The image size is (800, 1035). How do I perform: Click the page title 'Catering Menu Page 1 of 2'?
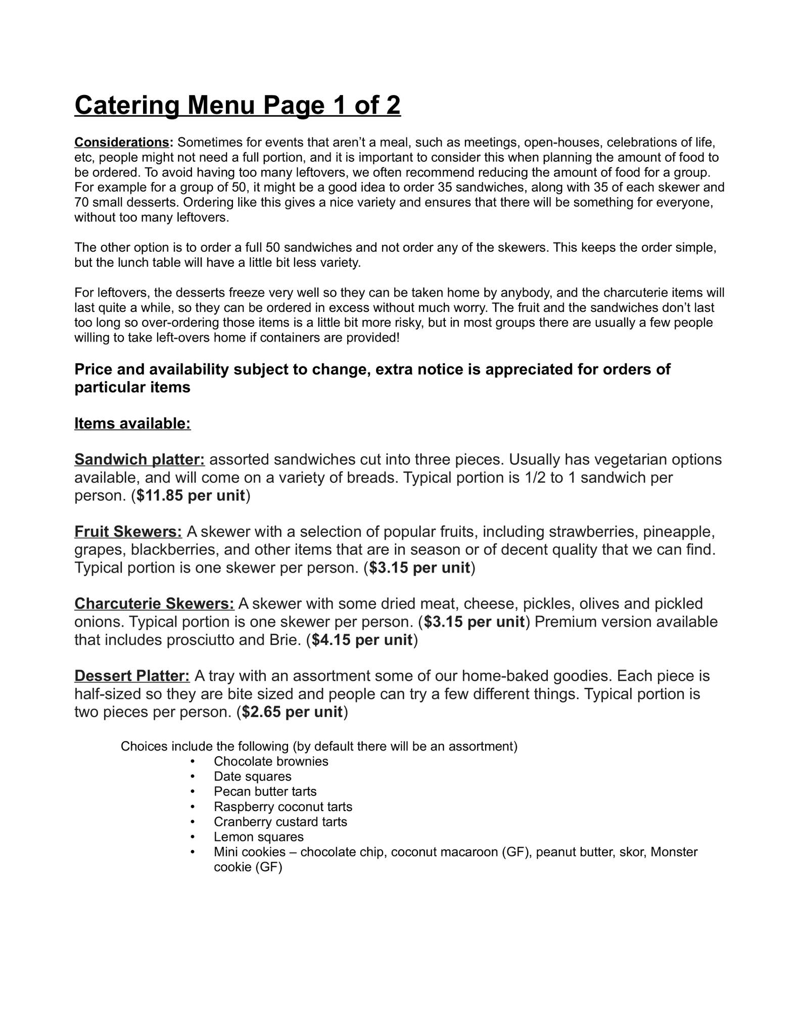(x=238, y=106)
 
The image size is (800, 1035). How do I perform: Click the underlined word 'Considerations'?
(x=123, y=142)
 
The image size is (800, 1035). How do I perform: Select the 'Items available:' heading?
(x=132, y=424)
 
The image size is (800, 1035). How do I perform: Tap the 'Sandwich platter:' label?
(x=139, y=460)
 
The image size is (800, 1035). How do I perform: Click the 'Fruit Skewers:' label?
(x=128, y=532)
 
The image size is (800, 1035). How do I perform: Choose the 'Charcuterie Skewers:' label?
(x=154, y=604)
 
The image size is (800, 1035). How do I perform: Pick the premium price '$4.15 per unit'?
(x=362, y=640)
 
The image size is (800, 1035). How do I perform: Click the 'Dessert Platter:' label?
(x=132, y=676)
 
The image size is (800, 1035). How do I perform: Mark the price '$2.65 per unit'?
(x=292, y=713)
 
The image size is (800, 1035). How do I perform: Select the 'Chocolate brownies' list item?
(x=271, y=762)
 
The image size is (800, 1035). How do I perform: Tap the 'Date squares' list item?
(x=253, y=777)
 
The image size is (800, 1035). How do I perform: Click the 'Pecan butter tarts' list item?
(x=265, y=791)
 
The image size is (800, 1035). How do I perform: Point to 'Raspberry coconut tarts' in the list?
(x=283, y=807)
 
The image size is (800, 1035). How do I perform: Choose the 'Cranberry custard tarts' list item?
(x=280, y=822)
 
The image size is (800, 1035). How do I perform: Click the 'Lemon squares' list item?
(x=259, y=837)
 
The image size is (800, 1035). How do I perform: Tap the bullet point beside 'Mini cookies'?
(x=193, y=852)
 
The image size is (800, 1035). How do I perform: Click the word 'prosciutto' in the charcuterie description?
(x=185, y=640)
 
